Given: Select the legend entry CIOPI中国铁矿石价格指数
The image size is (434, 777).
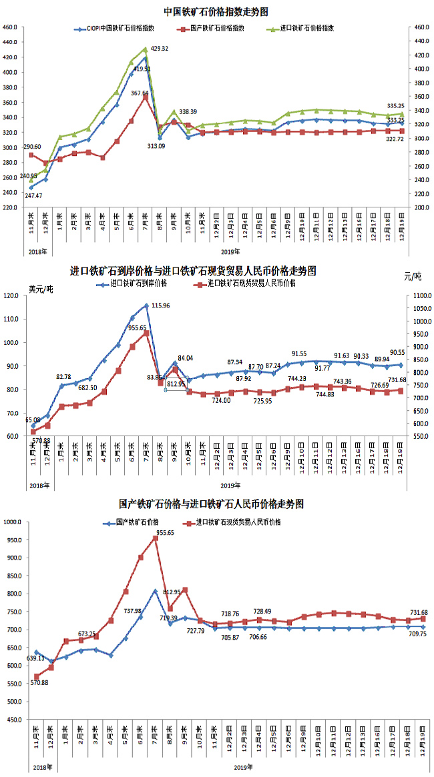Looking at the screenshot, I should point(121,29).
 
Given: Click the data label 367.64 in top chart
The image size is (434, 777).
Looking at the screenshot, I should point(140,93).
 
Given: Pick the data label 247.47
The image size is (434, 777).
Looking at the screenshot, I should point(33,195).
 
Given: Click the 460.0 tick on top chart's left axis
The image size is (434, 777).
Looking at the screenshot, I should point(11,27).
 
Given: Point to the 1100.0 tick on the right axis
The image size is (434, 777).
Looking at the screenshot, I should point(415,295).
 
